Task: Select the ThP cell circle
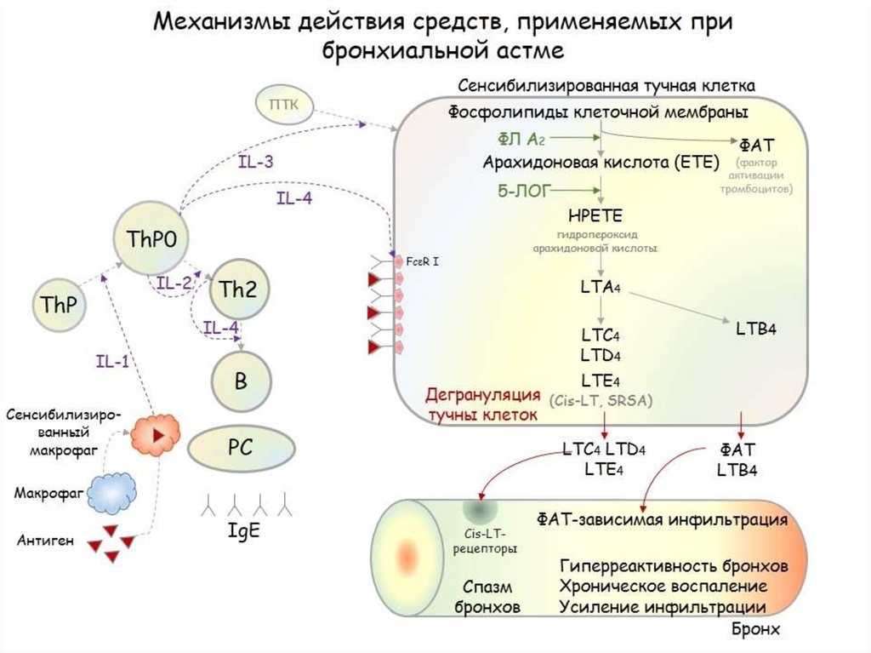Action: click(59, 304)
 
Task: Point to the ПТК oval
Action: click(283, 105)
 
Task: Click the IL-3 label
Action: click(255, 161)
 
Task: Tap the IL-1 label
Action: click(111, 360)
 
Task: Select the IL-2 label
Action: click(174, 284)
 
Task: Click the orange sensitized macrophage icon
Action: click(155, 434)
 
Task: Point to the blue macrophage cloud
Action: click(113, 492)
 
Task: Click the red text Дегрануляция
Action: click(482, 396)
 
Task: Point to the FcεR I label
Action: click(422, 261)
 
